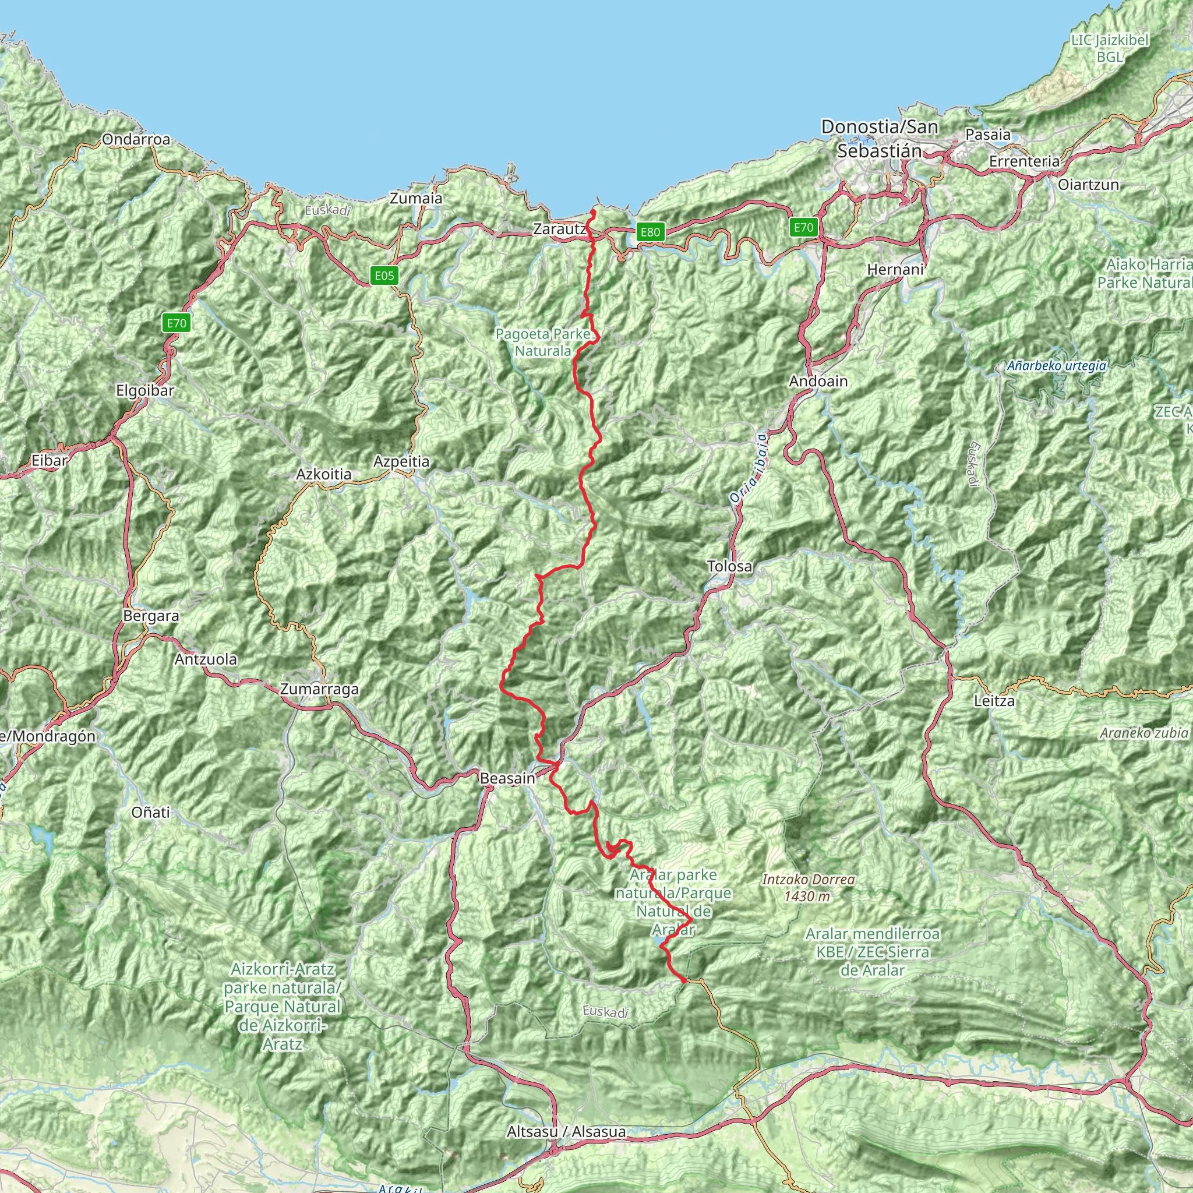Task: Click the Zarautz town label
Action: pyautogui.click(x=559, y=229)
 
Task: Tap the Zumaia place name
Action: pyautogui.click(x=416, y=199)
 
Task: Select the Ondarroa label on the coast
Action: pyautogui.click(x=136, y=140)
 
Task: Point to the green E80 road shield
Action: pyautogui.click(x=650, y=232)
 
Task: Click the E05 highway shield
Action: pyautogui.click(x=384, y=276)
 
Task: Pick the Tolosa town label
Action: pyautogui.click(x=730, y=566)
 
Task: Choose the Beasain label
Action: pyautogui.click(x=507, y=779)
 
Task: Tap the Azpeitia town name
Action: pyautogui.click(x=401, y=461)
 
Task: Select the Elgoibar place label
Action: pyautogui.click(x=145, y=391)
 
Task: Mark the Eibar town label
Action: pyautogui.click(x=50, y=460)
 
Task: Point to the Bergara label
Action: pyautogui.click(x=151, y=616)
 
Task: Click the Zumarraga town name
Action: pyautogui.click(x=319, y=689)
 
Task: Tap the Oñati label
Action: pyautogui.click(x=151, y=813)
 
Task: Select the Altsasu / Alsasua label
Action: pyautogui.click(x=566, y=1132)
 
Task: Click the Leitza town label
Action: pyautogui.click(x=994, y=701)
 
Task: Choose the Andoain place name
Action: pyautogui.click(x=818, y=382)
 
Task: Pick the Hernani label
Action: pyautogui.click(x=895, y=270)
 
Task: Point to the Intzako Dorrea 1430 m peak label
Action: pyautogui.click(x=809, y=887)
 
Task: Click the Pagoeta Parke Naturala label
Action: pyautogui.click(x=543, y=343)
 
